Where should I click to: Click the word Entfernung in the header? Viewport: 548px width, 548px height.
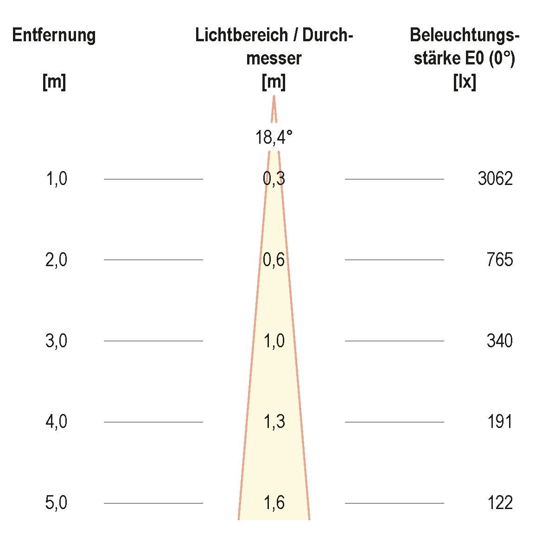point(54,35)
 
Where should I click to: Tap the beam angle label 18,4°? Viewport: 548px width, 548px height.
point(274,137)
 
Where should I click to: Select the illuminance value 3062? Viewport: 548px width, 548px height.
point(495,178)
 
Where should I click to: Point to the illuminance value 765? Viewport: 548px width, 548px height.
point(500,260)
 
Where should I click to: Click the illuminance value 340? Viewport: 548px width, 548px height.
point(500,341)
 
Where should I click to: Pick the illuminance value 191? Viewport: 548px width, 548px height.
point(500,422)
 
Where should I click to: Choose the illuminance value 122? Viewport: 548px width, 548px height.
point(500,503)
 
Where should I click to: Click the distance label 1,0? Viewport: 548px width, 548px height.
point(57,178)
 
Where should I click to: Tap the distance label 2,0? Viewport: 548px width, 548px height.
point(57,260)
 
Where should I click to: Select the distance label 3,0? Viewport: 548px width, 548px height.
point(57,341)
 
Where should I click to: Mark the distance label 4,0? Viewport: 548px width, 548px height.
point(57,422)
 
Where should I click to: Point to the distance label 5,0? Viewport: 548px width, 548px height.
point(57,503)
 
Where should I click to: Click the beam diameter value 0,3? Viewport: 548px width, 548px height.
point(274,178)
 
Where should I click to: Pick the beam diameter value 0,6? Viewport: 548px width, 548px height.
point(274,260)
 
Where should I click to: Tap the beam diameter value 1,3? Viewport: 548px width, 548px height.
point(274,422)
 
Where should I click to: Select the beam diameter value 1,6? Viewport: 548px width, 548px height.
point(274,503)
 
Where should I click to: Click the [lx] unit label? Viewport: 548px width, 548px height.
point(465,83)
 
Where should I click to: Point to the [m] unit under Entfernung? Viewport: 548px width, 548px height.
point(54,83)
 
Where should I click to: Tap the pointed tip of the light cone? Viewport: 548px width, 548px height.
point(274,97)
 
